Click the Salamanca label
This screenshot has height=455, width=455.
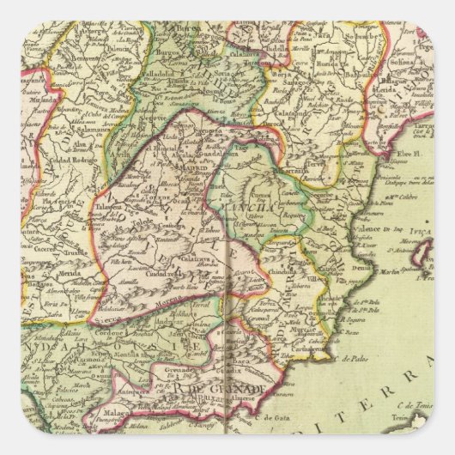click(86, 121)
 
